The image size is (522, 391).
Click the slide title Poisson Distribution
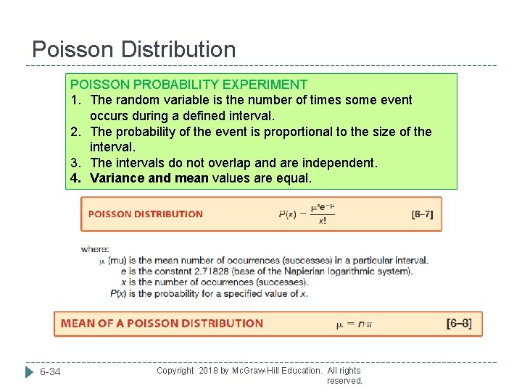134,49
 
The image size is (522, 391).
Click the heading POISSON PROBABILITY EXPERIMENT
188,85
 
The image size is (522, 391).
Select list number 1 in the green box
75,100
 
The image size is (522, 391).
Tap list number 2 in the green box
75,132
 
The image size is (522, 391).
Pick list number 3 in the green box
75,163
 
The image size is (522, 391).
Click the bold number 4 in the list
75,178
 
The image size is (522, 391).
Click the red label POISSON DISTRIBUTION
146,214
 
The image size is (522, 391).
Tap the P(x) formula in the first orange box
307,214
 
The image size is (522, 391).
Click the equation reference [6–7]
422,214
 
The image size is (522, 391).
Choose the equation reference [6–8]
459,323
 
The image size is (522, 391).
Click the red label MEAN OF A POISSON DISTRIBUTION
162,324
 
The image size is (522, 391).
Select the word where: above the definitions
95,249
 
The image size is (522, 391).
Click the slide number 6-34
50,372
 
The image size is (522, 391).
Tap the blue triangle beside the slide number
30,372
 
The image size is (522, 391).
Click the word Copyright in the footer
175,371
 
